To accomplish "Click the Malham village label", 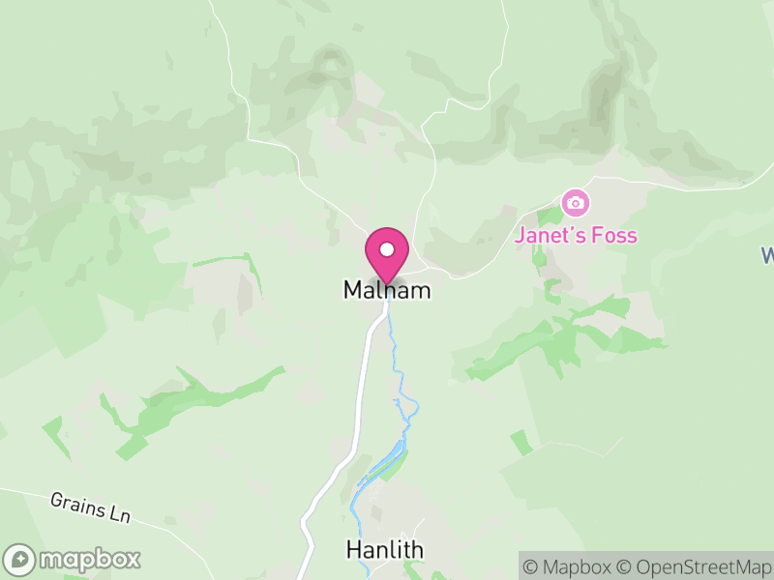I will [386, 290].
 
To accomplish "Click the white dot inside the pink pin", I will [387, 249].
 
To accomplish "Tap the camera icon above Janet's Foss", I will [576, 203].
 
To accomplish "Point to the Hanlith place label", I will [384, 550].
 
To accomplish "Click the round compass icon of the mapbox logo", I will [20, 560].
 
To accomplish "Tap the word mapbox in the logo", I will [88, 560].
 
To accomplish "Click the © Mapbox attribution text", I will [570, 565].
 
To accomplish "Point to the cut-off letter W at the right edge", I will [767, 256].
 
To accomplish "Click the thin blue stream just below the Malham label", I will [392, 329].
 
